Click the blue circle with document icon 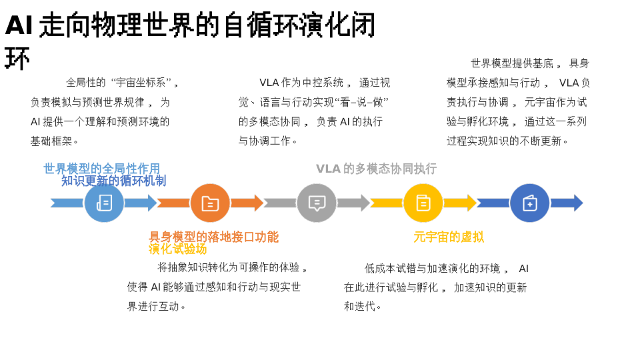[104, 203]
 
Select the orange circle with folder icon [210, 203]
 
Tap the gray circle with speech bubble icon [317, 203]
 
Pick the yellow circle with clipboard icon [423, 203]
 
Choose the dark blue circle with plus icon [530, 203]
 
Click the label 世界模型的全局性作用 [101, 169]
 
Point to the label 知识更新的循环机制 [113, 181]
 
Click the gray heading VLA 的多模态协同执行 [376, 169]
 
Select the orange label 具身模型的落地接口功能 [213, 237]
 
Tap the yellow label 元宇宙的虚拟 [449, 237]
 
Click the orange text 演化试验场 [177, 249]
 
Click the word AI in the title [19, 25]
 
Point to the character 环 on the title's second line [17, 59]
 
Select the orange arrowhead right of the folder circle [257, 203]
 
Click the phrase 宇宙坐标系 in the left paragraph [141, 83]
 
